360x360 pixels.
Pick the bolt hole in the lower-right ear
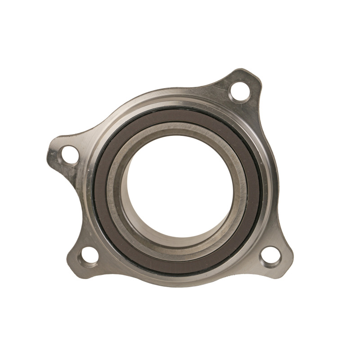(x=270, y=255)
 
